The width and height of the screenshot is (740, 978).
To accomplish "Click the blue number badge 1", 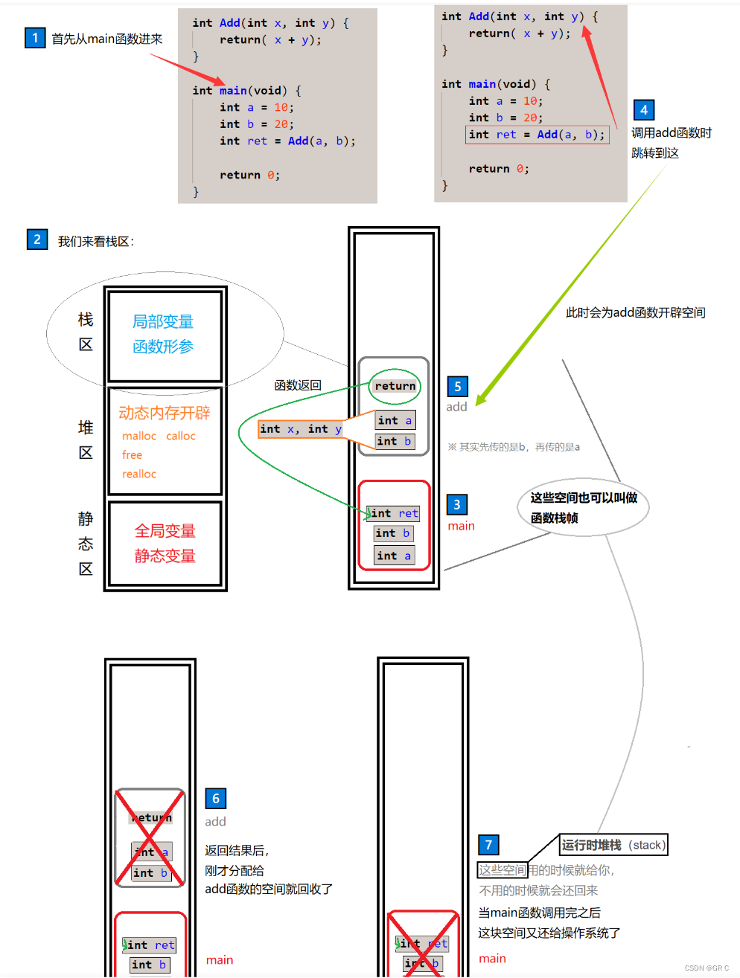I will click(35, 38).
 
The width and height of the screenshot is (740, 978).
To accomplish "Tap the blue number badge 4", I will click(644, 110).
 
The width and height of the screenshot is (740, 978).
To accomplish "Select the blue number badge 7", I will click(488, 845).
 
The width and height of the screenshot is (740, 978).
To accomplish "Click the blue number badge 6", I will click(215, 799).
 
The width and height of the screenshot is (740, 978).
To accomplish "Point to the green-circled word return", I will click(395, 386).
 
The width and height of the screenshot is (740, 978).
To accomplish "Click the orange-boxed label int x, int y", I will click(301, 429).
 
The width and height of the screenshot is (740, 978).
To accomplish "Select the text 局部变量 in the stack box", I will click(163, 321).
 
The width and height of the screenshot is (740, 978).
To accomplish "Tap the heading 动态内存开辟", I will click(164, 413).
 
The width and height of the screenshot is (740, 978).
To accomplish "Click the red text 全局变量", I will click(165, 531).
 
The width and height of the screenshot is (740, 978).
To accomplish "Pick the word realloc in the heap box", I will click(139, 474).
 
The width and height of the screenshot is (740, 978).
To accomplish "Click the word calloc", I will click(181, 436).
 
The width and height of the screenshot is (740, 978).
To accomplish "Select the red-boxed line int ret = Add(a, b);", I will click(537, 135).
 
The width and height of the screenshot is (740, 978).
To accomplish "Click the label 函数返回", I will click(298, 385).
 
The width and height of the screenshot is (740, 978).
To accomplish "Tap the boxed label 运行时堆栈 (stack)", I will click(613, 845).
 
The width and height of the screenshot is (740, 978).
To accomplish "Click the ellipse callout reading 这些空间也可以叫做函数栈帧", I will click(584, 507).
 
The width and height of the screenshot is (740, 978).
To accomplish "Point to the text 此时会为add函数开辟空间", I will click(635, 313).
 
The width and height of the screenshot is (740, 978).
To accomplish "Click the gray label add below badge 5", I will click(456, 407).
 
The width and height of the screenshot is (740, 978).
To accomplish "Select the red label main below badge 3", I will click(461, 526).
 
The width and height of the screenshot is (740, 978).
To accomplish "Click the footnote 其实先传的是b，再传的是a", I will click(514, 447).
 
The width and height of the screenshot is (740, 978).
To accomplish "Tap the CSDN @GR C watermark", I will click(706, 968).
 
